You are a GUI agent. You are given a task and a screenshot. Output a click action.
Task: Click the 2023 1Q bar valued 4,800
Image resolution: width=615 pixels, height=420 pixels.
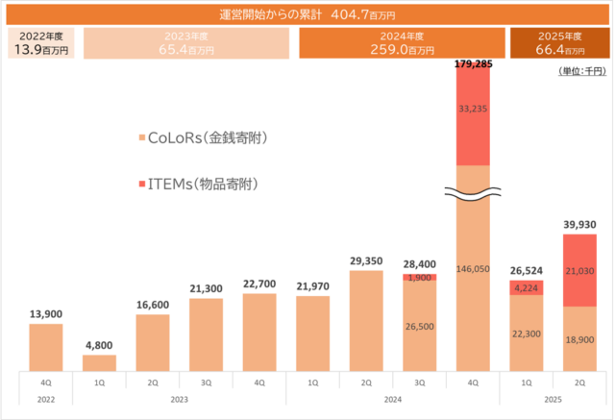(99, 363)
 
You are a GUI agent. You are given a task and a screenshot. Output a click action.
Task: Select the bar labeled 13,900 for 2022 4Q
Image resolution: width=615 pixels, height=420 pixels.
(46, 347)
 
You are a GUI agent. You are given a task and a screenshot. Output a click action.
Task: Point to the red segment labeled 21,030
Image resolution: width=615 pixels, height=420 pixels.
(579, 271)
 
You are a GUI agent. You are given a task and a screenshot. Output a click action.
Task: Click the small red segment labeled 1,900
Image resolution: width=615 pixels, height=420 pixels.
(420, 278)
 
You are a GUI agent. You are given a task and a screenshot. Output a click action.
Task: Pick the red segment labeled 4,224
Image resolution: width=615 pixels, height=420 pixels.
(527, 287)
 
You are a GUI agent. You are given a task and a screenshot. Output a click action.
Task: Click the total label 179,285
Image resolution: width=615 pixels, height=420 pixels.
(473, 64)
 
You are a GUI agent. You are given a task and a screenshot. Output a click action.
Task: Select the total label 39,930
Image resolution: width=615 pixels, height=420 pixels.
(579, 225)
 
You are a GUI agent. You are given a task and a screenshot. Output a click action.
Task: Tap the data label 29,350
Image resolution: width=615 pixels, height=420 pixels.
(366, 260)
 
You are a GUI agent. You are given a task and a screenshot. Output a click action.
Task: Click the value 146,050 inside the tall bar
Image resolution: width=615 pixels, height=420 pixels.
(474, 271)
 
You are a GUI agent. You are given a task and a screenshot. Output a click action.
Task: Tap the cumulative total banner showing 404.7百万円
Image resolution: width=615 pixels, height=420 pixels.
(307, 14)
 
